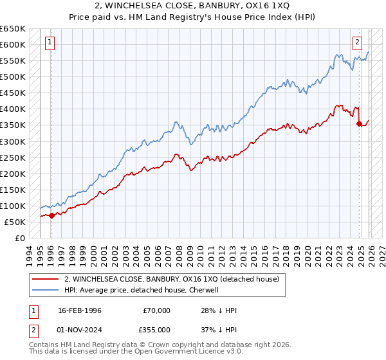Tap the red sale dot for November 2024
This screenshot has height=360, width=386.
pos(359,123)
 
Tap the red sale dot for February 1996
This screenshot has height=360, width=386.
pos(51,215)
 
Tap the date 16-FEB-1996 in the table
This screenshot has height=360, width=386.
pos(81,310)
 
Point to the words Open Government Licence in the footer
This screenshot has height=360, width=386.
pos(183,353)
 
